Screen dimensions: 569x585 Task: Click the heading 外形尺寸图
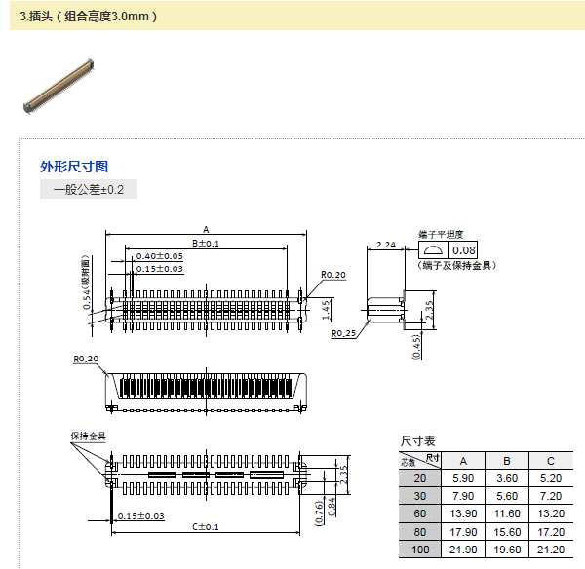pyautogui.click(x=74, y=167)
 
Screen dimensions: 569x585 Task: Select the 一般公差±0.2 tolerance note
pyautogui.click(x=89, y=189)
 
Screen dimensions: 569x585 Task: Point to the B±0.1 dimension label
pyautogui.click(x=205, y=243)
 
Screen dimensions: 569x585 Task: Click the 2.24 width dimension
pyautogui.click(x=384, y=244)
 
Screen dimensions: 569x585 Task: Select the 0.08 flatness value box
pyautogui.click(x=463, y=251)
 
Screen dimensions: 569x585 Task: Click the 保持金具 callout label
pyautogui.click(x=88, y=436)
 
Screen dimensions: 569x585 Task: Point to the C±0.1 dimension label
pyautogui.click(x=205, y=526)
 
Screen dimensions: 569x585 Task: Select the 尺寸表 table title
pyautogui.click(x=418, y=441)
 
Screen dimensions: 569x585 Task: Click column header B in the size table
pyautogui.click(x=507, y=460)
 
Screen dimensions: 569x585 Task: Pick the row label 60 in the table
pyautogui.click(x=420, y=513)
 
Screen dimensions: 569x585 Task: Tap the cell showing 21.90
pyautogui.click(x=463, y=550)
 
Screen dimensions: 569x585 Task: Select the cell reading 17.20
pyautogui.click(x=551, y=532)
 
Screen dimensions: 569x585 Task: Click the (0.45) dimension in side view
pyautogui.click(x=417, y=346)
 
